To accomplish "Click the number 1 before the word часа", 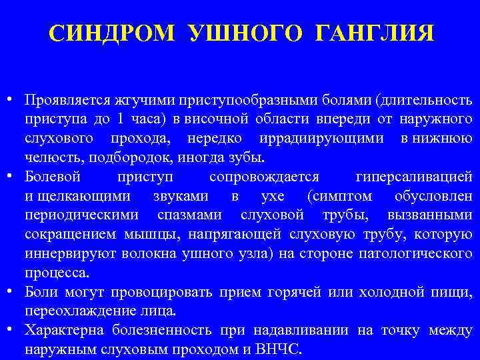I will click(120, 120).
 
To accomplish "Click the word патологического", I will click(419, 253).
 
